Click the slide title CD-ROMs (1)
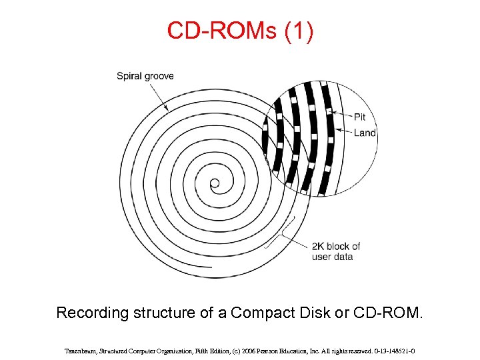(x=240, y=31)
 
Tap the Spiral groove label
(x=145, y=76)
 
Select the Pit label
(x=360, y=117)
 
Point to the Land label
(x=365, y=133)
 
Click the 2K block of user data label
(x=336, y=251)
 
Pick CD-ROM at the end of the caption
(x=393, y=313)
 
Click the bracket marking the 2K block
(x=284, y=235)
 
